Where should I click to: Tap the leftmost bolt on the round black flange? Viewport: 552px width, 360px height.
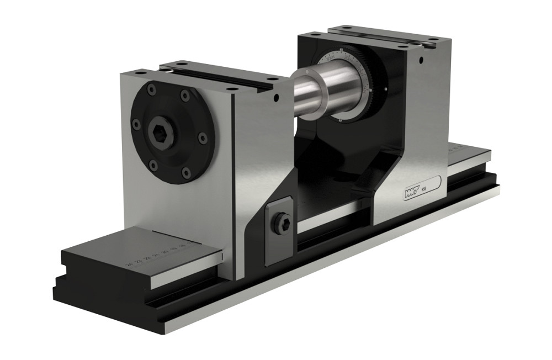point(136,125)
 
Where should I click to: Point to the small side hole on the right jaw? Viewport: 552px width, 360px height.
point(421,59)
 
